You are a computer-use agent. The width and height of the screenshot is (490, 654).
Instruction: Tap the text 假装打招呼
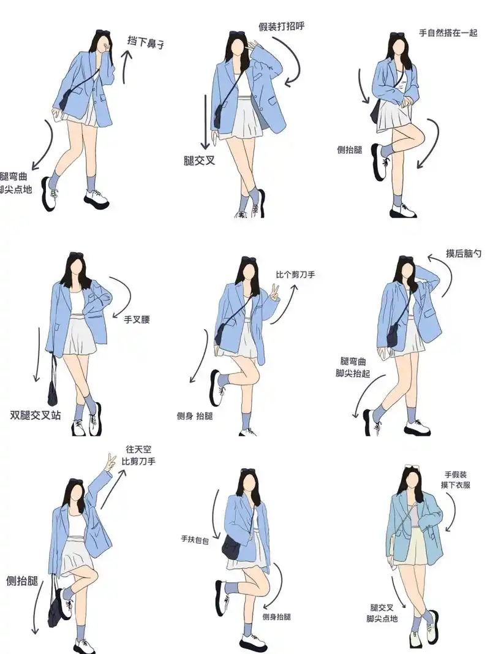click(282, 27)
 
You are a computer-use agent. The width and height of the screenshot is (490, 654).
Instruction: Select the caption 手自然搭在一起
click(448, 32)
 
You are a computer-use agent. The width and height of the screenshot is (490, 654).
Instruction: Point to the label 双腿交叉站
click(36, 415)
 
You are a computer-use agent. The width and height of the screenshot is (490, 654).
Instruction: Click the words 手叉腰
click(137, 319)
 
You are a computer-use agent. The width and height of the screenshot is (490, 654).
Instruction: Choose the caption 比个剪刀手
click(295, 274)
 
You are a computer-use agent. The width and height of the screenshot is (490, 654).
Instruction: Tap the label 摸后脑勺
click(464, 253)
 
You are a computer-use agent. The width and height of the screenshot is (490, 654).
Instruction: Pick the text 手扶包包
click(194, 540)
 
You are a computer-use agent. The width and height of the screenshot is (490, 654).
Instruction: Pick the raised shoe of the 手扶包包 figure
click(221, 598)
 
